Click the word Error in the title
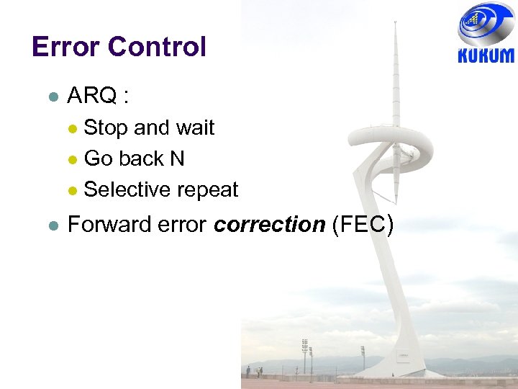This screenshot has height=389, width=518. [x=65, y=47]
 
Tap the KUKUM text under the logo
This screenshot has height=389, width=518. [x=486, y=55]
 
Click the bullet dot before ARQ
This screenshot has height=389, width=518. [x=50, y=97]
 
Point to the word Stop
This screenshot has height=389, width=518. [x=106, y=128]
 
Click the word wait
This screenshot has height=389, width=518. [x=194, y=128]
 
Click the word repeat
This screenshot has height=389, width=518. [x=208, y=191]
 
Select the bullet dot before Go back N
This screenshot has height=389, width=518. [x=72, y=159]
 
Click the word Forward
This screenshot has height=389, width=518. [x=109, y=225]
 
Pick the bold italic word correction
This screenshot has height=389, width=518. [x=270, y=225]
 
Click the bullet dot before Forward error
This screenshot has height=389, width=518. [x=50, y=226]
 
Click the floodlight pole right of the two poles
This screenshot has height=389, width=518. [x=362, y=357]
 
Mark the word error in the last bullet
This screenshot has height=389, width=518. [x=183, y=225]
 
